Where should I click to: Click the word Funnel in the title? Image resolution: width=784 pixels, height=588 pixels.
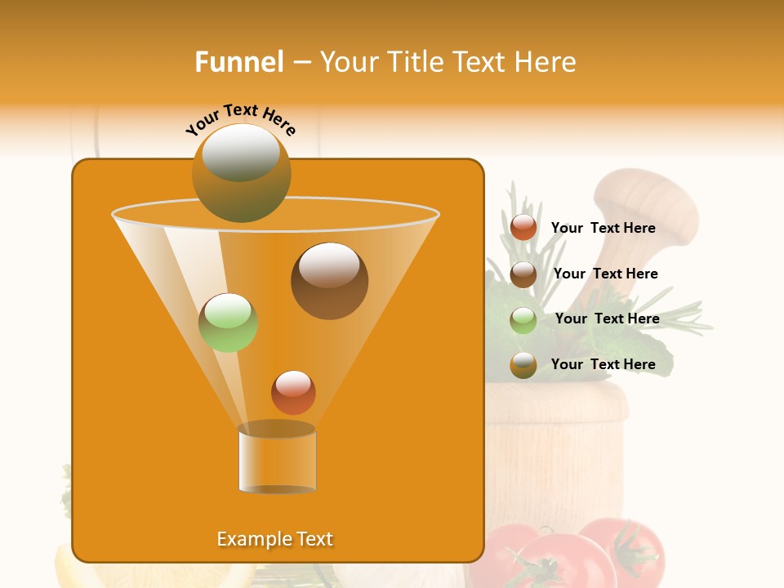tap(238, 62)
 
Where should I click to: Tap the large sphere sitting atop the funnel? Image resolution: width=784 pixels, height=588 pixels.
tap(241, 172)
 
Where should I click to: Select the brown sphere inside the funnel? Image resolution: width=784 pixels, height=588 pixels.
tap(329, 281)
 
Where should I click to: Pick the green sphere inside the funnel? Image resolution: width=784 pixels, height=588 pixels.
tap(228, 323)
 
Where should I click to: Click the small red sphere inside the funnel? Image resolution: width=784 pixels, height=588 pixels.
tap(293, 392)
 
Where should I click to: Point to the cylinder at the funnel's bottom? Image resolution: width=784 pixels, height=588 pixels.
tap(277, 461)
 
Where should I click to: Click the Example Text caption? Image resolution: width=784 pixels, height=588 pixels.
tap(274, 539)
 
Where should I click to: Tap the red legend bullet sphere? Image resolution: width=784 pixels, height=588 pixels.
tap(523, 228)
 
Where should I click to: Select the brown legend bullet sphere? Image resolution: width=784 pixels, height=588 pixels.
tap(523, 274)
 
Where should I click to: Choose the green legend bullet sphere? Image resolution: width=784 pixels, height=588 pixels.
tap(523, 319)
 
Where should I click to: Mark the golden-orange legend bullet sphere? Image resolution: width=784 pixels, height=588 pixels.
tap(523, 365)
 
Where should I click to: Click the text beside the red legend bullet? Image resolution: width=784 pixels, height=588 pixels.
tap(603, 229)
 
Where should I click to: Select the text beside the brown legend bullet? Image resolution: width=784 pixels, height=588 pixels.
tap(605, 274)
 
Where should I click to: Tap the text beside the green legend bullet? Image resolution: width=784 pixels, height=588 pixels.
tap(607, 318)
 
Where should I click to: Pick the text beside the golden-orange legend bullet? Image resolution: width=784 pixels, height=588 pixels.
tap(603, 364)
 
